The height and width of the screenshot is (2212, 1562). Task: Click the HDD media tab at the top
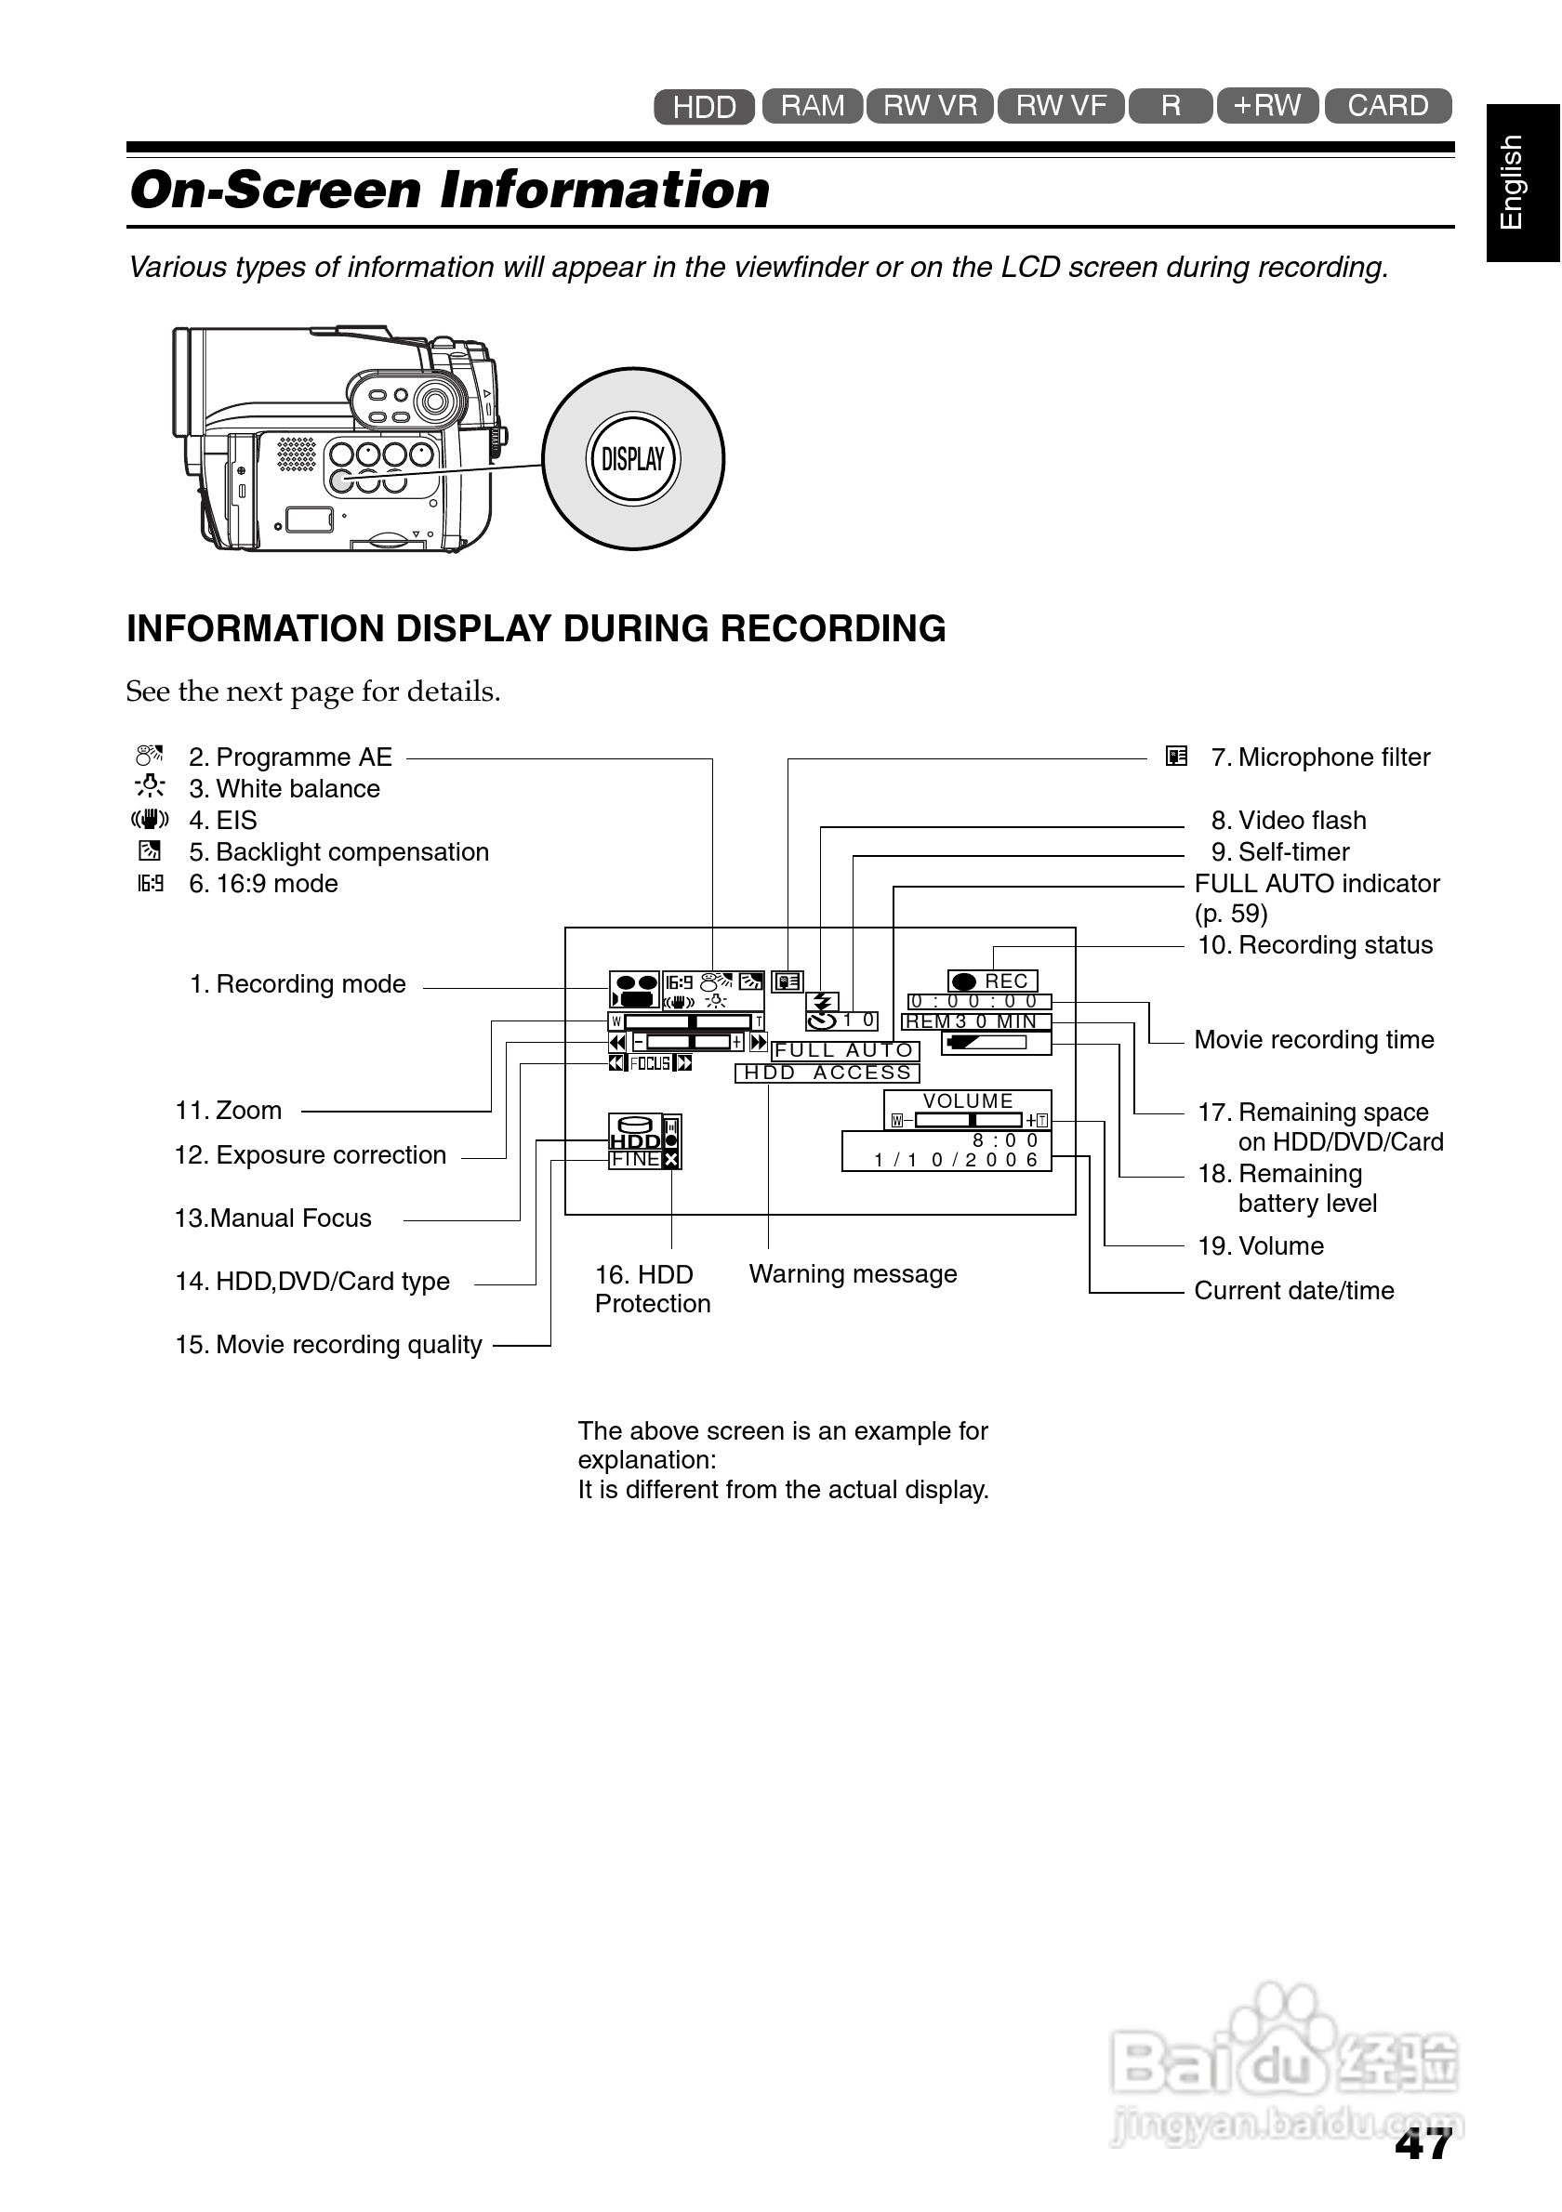click(704, 106)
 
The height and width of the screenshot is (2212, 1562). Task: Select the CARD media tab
click(1387, 105)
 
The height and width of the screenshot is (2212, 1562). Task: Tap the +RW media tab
click(1266, 105)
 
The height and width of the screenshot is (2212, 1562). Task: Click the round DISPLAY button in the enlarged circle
click(633, 458)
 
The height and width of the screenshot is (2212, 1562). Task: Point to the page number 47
click(1423, 2144)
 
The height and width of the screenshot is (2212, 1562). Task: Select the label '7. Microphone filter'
click(1320, 757)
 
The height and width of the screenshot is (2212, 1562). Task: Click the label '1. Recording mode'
click(298, 983)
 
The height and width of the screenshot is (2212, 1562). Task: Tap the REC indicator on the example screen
click(992, 981)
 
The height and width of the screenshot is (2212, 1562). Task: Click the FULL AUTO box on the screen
click(845, 1050)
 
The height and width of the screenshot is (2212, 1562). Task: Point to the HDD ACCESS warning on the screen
click(827, 1073)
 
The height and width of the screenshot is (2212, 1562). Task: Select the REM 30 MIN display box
click(974, 1021)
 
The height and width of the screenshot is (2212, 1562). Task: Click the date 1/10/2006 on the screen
click(955, 1160)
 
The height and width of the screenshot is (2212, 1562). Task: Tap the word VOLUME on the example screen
click(968, 1100)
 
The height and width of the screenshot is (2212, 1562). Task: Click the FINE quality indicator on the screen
click(635, 1159)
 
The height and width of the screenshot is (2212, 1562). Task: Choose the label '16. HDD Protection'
click(653, 1288)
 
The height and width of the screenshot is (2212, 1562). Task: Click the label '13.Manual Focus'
click(272, 1218)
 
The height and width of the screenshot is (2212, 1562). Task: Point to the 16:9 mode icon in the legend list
click(151, 884)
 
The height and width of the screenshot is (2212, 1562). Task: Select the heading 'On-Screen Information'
click(450, 189)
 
